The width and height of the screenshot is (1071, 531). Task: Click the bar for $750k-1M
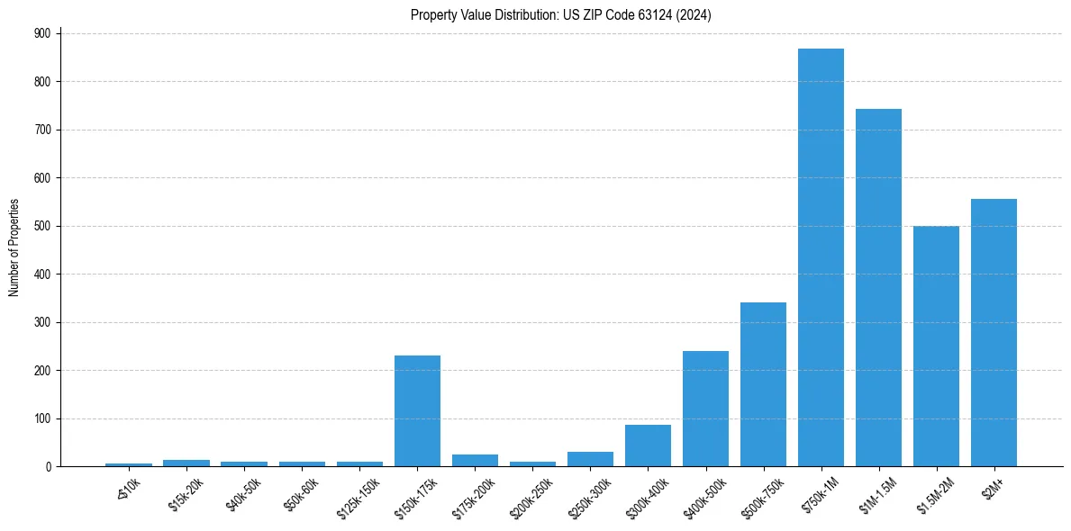coord(821,257)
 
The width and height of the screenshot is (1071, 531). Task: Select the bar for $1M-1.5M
coord(878,288)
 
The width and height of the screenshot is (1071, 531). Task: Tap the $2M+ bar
coord(994,333)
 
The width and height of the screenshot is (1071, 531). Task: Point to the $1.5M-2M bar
coord(936,346)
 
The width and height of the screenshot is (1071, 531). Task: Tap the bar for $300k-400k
coord(648,445)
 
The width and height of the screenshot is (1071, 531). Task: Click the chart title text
coord(561,14)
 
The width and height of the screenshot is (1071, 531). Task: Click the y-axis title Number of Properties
coord(14,247)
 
